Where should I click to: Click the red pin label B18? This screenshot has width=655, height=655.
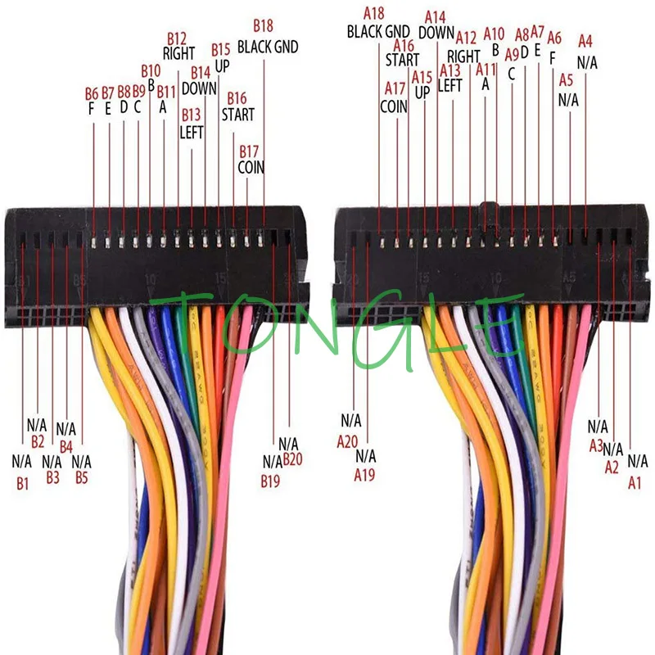coord(263,25)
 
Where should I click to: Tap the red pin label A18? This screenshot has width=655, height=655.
coord(373,13)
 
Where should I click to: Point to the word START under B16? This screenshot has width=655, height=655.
coord(237,115)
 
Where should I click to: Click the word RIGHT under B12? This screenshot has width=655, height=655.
coord(178,54)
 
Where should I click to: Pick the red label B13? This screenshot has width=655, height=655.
coord(191,113)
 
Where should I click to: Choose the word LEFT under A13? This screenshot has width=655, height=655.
coord(451,86)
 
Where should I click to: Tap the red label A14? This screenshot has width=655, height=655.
coord(436,16)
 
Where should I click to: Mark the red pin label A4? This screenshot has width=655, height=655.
coord(585,40)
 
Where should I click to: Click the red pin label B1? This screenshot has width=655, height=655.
coord(22,483)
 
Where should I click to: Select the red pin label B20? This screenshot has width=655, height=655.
coord(292,459)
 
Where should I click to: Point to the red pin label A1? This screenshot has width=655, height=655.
coord(635,483)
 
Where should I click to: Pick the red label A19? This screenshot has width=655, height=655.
coord(365,474)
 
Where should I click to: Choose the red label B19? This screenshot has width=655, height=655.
coord(271,481)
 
